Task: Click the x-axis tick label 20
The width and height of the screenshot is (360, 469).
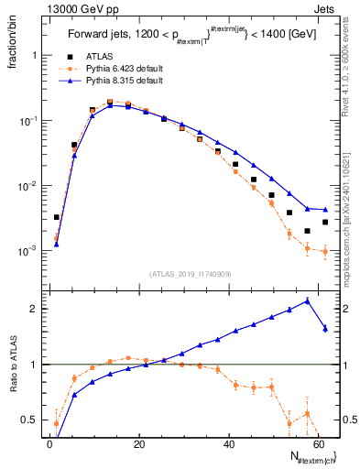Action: (x=139, y=443)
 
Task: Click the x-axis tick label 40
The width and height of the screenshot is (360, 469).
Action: (x=229, y=443)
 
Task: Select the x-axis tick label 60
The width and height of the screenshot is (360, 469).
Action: (x=319, y=443)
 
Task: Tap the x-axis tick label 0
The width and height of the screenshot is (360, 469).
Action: (x=49, y=443)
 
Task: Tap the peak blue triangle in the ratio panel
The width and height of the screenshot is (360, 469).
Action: (x=307, y=300)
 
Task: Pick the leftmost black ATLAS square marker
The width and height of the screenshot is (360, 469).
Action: (x=57, y=217)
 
